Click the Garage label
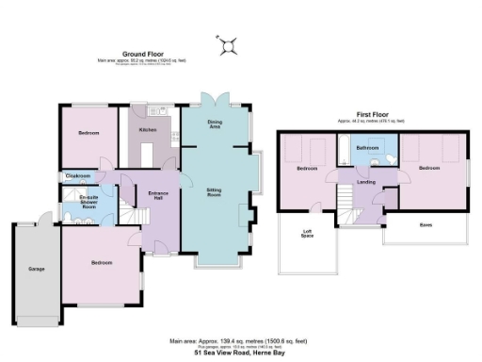coord(37,270)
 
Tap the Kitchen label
coord(148,128)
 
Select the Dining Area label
coord(216,123)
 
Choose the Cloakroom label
coord(78,176)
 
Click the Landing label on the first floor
coord(366,182)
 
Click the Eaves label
coord(426,224)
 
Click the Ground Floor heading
coord(142,55)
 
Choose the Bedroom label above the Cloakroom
coord(89,133)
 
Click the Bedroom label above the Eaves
coord(429,168)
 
